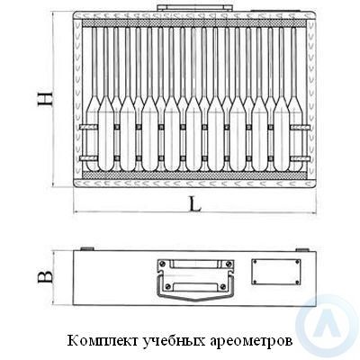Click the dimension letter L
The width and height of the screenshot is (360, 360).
195,205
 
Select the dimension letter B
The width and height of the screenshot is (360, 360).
45,276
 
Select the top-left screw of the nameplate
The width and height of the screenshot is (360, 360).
255,262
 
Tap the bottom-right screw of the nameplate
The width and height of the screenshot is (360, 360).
297,282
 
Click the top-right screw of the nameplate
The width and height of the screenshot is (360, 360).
297,262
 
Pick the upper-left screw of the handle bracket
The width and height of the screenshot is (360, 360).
162,264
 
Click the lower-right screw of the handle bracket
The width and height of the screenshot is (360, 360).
222,286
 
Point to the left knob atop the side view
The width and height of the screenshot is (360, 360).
87,248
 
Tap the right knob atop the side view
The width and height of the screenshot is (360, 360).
302,249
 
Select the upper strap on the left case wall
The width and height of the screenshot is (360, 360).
88,127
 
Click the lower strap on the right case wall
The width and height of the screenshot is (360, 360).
300,158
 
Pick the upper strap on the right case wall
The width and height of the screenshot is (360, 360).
300,127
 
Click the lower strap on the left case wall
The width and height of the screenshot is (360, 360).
88,158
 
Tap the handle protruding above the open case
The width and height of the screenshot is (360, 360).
195,8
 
